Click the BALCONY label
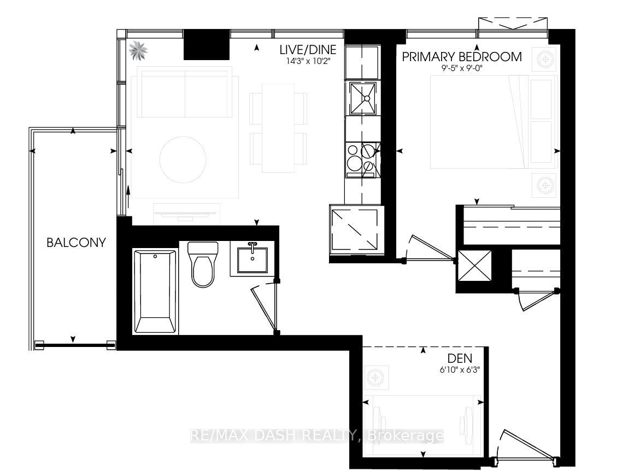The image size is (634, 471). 76,242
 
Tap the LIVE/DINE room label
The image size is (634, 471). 308,49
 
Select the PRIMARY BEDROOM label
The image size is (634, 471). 462,57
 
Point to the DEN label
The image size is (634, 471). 460,358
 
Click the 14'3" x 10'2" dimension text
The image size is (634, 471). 308,61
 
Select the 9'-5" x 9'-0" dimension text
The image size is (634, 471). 462,68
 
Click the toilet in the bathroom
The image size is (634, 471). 203,264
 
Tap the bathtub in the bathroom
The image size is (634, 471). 155,291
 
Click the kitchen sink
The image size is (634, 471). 363,99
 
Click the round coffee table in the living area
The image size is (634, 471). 183,160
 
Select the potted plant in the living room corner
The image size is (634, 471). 138,50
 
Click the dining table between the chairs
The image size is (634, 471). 278,128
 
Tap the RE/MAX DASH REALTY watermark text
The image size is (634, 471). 317,436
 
